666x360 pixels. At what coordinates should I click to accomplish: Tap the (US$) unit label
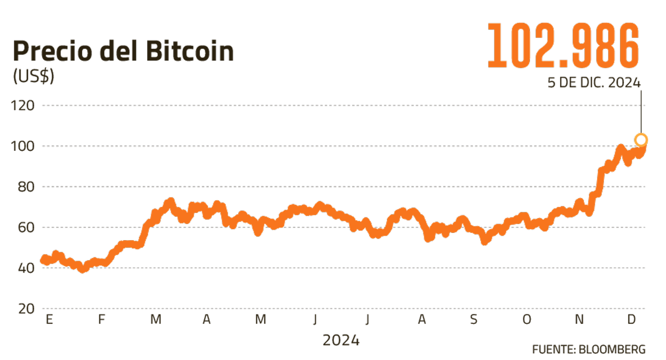(x=33, y=77)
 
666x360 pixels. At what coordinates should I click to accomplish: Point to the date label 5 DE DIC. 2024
(x=594, y=83)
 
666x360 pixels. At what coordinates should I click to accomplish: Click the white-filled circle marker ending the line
(x=641, y=139)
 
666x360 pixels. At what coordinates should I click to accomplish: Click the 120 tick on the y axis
(x=24, y=105)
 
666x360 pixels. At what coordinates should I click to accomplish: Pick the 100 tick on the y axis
(x=24, y=146)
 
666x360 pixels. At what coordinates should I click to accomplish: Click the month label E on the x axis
(x=49, y=320)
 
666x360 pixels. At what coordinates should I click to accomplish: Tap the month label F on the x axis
(x=101, y=320)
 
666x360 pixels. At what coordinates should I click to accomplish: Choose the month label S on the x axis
(x=473, y=320)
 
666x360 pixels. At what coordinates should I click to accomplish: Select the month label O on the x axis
(x=527, y=320)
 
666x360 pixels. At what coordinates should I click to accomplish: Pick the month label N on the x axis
(x=579, y=320)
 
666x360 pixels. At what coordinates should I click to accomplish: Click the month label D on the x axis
(x=631, y=320)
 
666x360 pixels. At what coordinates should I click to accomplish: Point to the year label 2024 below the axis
(x=341, y=339)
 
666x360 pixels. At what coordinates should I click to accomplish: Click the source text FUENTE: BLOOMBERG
(x=589, y=349)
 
